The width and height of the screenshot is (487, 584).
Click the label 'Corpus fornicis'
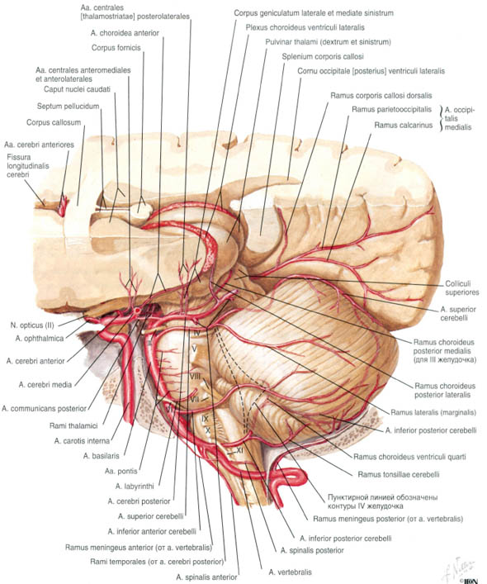(x=116, y=48)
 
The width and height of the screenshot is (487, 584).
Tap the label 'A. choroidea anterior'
(x=125, y=33)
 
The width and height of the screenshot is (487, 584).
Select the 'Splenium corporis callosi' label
(x=323, y=57)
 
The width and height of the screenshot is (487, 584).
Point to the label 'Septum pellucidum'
(x=68, y=107)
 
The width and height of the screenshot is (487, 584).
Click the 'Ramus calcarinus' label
(x=404, y=126)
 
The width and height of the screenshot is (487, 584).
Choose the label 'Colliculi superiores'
(x=462, y=288)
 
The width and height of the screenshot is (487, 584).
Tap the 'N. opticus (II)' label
(x=32, y=325)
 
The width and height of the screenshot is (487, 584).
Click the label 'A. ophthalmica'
(x=40, y=338)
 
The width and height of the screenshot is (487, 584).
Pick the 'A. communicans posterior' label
(x=44, y=409)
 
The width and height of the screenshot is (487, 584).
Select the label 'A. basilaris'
(x=102, y=455)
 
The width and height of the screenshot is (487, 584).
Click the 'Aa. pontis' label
(x=121, y=471)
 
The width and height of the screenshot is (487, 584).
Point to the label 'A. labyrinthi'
(x=135, y=486)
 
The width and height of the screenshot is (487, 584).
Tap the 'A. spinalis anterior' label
(x=206, y=577)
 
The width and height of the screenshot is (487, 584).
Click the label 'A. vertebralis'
(x=291, y=572)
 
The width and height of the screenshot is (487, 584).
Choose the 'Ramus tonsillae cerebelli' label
(x=399, y=474)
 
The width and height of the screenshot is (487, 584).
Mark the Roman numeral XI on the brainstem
(x=239, y=450)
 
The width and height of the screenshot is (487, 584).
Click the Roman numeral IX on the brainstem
(x=205, y=419)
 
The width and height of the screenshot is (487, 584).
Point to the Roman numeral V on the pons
(x=194, y=349)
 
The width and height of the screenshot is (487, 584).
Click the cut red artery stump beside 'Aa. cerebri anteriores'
(x=63, y=204)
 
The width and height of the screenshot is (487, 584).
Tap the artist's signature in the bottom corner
(x=460, y=570)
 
